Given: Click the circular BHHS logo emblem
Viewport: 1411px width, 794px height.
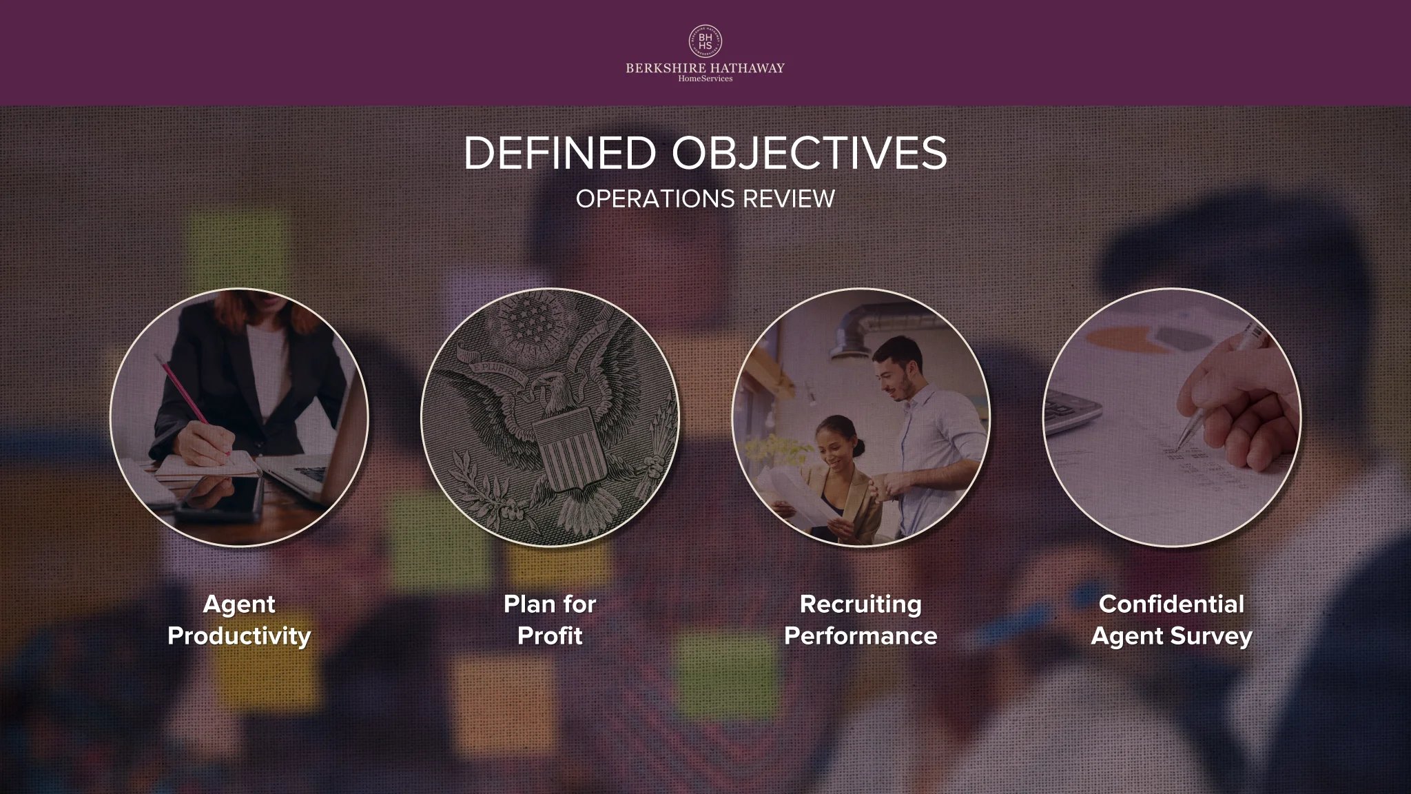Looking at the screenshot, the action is (705, 41).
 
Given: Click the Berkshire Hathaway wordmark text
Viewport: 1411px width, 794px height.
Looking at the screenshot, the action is (705, 68).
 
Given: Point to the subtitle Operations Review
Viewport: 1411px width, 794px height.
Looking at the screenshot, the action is (705, 198).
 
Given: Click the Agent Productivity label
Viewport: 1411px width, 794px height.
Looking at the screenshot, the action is (239, 620).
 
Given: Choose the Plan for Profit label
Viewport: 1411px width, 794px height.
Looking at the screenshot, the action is (550, 620).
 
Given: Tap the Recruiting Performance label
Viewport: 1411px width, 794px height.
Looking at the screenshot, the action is (861, 620).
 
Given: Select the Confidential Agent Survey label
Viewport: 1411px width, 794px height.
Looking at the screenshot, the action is (1171, 620).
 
